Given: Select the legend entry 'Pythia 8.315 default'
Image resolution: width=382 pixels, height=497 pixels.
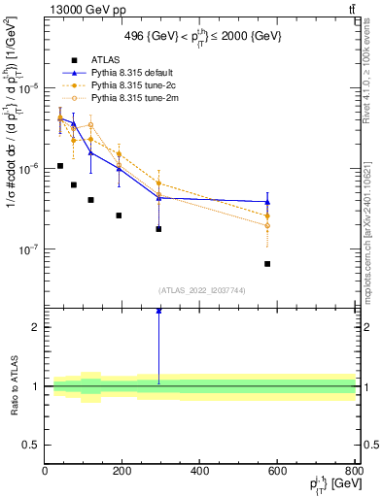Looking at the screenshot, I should [127, 73].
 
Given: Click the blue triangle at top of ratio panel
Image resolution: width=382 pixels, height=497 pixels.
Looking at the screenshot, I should [158, 311].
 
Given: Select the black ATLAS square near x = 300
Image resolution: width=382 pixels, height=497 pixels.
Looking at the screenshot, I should [158, 229].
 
